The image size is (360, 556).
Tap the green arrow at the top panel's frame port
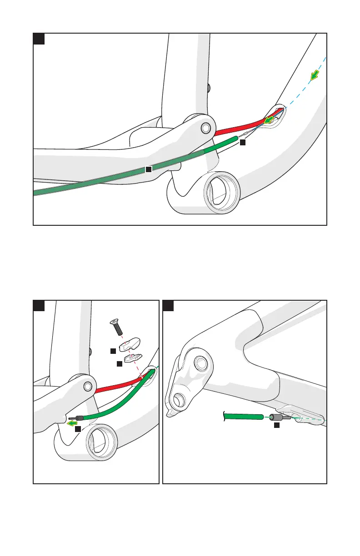(x=270, y=119)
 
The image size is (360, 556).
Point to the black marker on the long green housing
(x=148, y=169)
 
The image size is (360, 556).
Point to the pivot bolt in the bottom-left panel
(x=88, y=386)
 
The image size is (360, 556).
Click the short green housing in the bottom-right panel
(x=244, y=416)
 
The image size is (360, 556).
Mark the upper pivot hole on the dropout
(x=200, y=363)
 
